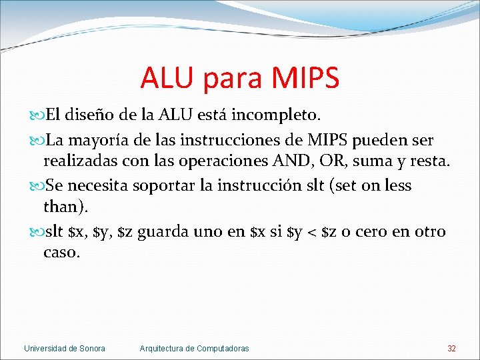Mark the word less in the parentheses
[x=397, y=186]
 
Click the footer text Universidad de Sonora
[x=64, y=349]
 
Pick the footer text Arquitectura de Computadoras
[x=194, y=349]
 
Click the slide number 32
[x=451, y=349]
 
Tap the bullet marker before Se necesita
[x=35, y=186]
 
